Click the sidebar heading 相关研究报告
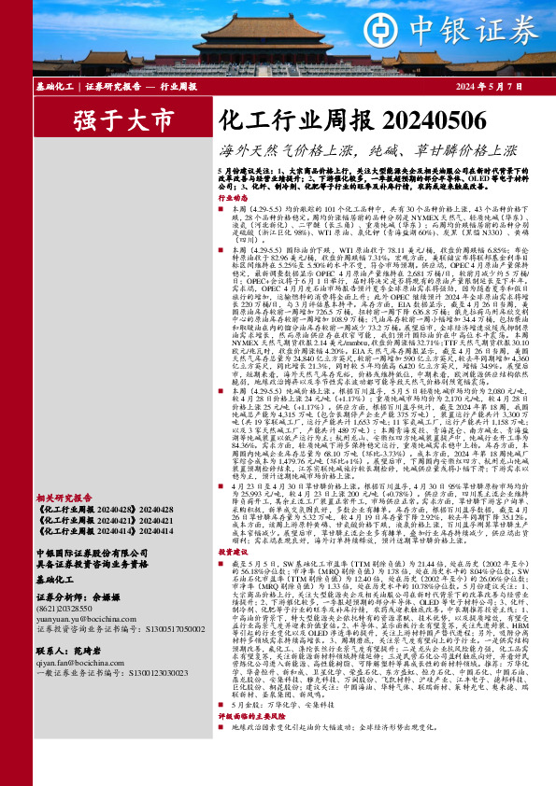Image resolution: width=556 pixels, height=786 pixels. click(x=62, y=525)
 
